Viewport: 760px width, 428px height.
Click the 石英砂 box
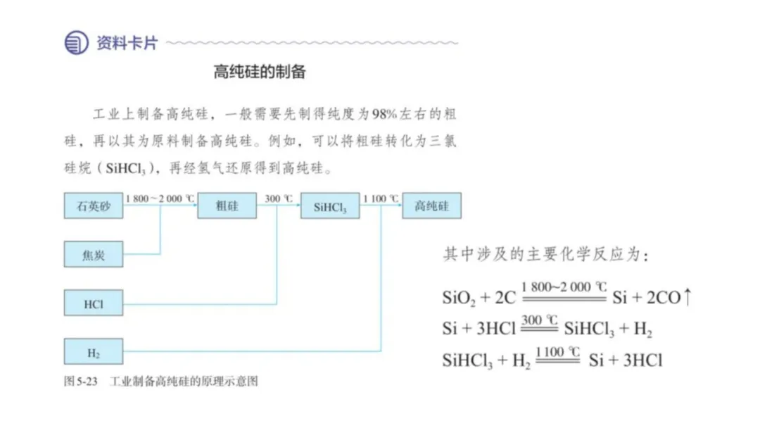point(94,206)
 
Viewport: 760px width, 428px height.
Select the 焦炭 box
point(94,255)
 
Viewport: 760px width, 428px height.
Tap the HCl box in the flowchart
point(94,304)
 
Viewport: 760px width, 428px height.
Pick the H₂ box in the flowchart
point(94,352)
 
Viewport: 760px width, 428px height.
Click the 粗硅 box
point(227,206)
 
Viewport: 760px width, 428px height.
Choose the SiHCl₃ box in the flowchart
point(330,207)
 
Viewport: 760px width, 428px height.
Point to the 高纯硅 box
point(431,206)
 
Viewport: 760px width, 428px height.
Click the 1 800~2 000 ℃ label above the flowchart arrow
point(159,199)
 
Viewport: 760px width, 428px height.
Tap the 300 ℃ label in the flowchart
point(279,199)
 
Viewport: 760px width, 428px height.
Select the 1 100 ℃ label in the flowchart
point(381,199)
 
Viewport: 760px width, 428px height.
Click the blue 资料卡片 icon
point(76,43)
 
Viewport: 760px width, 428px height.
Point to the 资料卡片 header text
point(127,43)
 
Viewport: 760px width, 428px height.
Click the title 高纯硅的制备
point(260,72)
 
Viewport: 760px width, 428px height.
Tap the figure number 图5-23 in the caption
point(80,382)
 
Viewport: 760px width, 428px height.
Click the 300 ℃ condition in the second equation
point(540,320)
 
